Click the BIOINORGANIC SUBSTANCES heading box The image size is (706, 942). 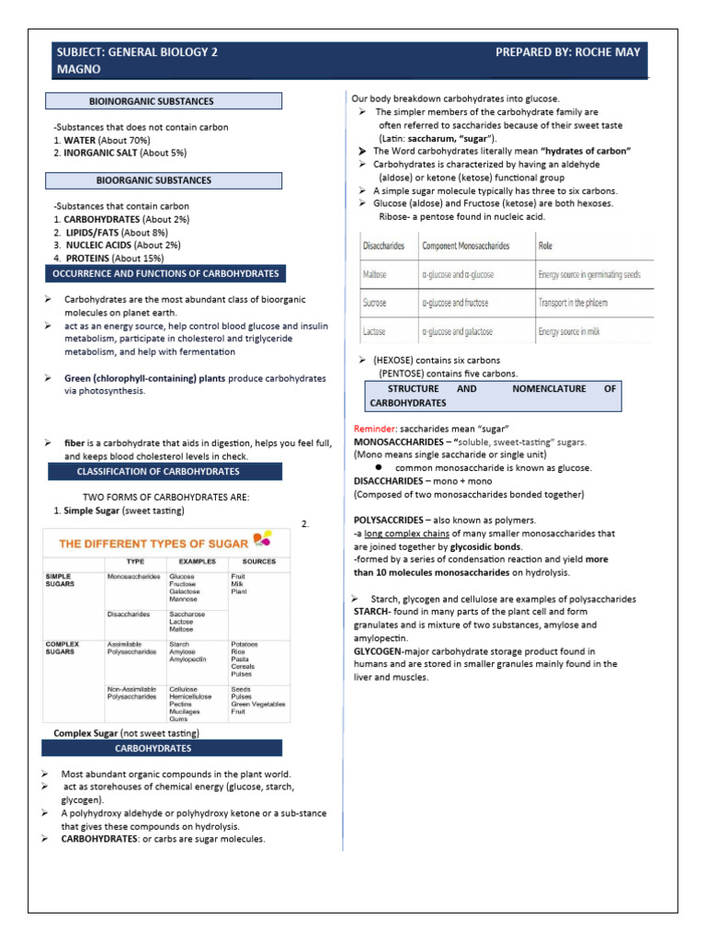(164, 101)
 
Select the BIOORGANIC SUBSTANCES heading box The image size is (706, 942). (164, 180)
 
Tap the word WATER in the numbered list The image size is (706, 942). (82, 140)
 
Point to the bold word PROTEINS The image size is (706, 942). (87, 258)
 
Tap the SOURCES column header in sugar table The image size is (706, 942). (258, 560)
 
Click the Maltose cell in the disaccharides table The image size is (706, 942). (375, 274)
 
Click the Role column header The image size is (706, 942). (546, 246)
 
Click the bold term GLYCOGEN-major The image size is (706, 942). (390, 651)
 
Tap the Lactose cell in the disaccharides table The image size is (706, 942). (374, 331)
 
